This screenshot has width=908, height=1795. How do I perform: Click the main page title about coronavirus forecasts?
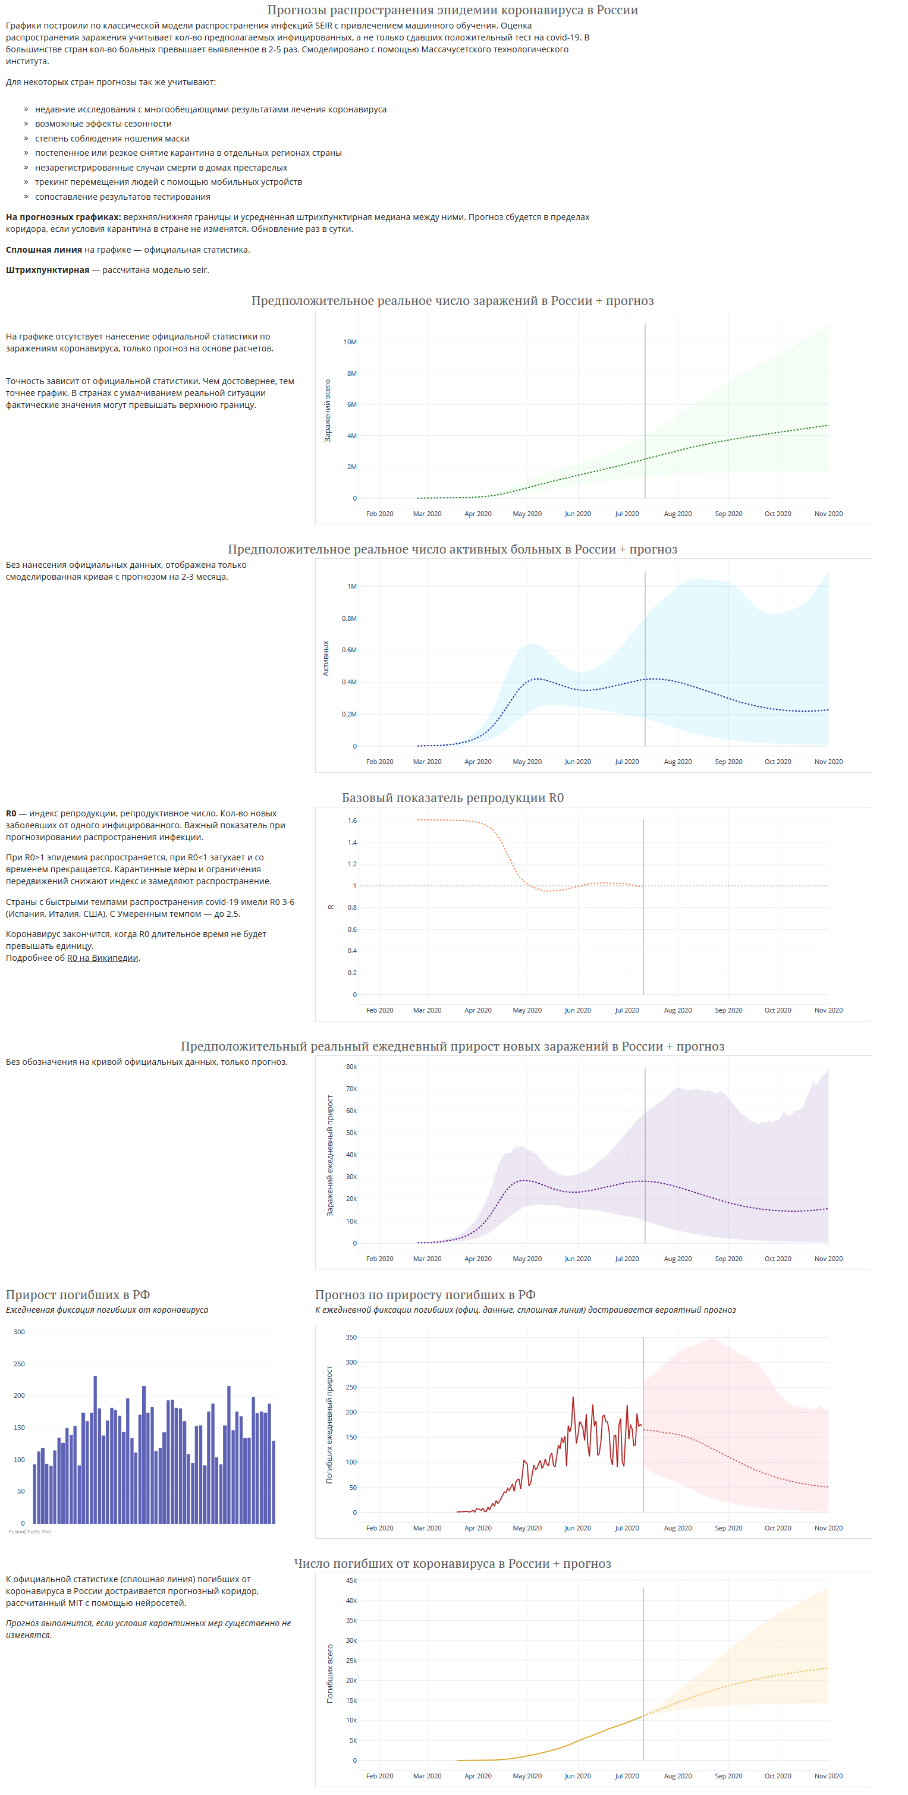pos(453,10)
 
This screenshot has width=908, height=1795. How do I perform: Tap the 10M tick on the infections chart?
pos(350,342)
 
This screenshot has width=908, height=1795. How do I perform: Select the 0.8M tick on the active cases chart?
pos(349,618)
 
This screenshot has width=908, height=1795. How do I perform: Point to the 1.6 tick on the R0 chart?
pos(352,820)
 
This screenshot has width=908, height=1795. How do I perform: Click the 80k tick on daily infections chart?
pos(351,1067)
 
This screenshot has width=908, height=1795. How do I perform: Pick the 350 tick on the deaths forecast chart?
pos(351,1337)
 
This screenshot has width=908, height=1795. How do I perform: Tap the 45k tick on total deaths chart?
pos(351,1580)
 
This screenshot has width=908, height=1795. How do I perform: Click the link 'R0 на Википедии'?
pos(102,958)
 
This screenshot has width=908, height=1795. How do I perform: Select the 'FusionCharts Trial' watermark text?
pos(29,1532)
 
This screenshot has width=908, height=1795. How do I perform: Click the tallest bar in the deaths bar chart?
pos(96,1450)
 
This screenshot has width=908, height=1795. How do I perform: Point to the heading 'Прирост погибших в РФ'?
pos(78,1295)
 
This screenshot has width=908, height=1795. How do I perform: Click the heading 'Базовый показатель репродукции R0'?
pos(453,798)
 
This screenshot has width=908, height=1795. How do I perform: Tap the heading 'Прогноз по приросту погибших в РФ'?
pos(425,1295)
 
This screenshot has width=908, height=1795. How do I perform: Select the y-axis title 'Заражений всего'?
pos(328,410)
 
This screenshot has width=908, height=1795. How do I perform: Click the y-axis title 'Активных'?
pos(325,659)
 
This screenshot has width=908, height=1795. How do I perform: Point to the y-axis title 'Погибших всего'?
pos(329,1674)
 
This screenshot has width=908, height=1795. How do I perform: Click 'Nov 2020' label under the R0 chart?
pos(828,1010)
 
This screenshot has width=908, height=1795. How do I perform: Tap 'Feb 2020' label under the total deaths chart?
pos(380,1776)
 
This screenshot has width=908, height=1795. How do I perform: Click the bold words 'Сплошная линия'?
pos(44,250)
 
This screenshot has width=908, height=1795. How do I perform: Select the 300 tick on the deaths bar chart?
pos(19,1332)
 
